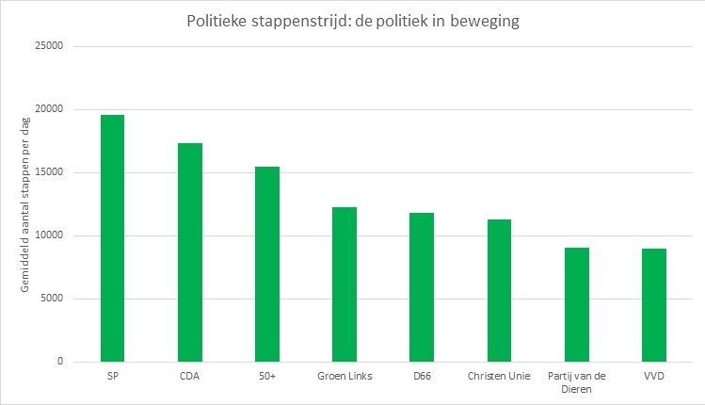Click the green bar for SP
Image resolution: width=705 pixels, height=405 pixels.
(112, 238)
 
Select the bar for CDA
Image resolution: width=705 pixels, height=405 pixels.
(189, 252)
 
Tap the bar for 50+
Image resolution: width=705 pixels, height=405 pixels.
(267, 264)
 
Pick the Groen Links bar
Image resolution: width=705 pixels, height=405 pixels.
(344, 284)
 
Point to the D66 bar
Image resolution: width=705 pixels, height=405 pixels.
(422, 287)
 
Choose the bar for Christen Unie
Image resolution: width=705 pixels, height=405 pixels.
(499, 290)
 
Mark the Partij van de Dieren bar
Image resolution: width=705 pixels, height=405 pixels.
(577, 304)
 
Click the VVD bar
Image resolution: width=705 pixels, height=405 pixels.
(654, 305)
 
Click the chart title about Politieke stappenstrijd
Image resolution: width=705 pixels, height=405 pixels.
(352, 21)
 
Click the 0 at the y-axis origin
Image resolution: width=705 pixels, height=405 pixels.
(58, 362)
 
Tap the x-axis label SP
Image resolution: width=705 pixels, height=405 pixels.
(112, 377)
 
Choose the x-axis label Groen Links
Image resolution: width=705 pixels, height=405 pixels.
(344, 377)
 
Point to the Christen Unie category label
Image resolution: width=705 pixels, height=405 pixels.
(499, 377)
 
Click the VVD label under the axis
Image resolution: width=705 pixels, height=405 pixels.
(654, 377)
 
